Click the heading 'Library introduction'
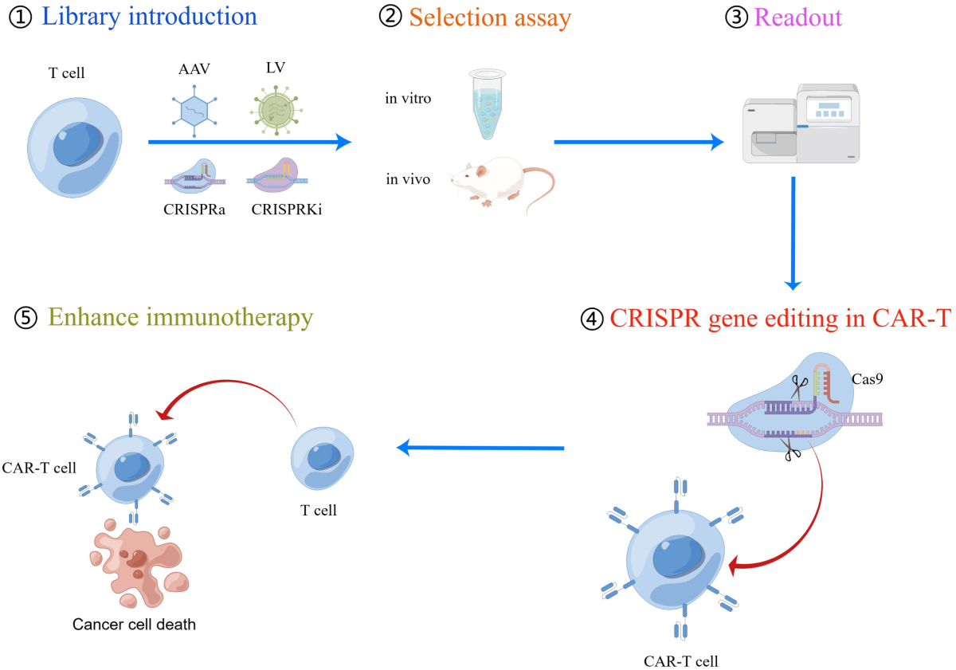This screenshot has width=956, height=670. pos(149,17)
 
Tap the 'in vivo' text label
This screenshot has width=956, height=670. pos(408,179)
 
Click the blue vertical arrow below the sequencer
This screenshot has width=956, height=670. pos(793,231)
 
